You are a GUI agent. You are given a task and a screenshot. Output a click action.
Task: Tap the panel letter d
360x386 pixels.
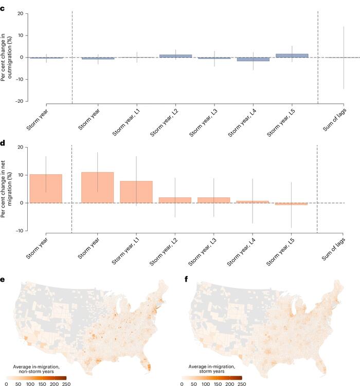[3, 137]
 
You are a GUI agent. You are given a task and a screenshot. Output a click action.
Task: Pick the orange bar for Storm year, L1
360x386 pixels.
[136, 192]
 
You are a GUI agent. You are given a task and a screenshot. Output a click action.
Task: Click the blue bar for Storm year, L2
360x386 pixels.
[175, 56]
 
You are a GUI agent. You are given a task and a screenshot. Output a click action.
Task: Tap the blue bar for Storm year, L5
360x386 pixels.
[292, 55]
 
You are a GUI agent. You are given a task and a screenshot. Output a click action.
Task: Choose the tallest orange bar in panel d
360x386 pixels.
[98, 187]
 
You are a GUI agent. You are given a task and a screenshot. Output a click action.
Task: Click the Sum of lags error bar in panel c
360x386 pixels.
[344, 58]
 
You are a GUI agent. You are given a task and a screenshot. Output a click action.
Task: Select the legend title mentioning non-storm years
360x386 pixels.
[37, 368]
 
